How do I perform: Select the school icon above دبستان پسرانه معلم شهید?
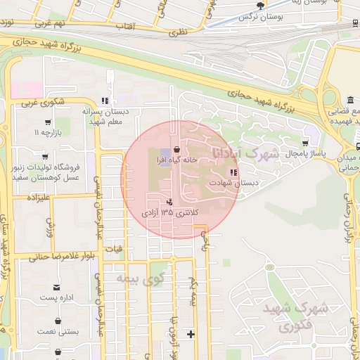105,101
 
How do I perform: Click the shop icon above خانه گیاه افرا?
175,149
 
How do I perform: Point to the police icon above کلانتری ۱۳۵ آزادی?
169,201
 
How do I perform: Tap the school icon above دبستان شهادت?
233,173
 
